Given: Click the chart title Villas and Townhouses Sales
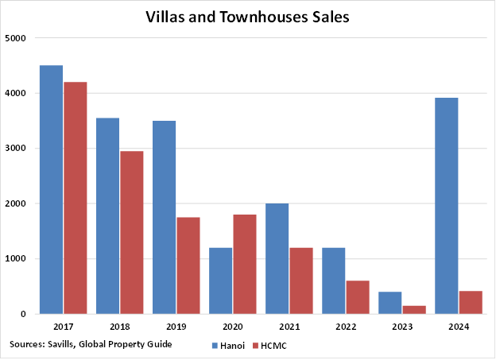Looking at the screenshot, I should click(247, 17).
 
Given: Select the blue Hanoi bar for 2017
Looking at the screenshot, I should click(51, 189).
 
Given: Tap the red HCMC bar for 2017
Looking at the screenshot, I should click(75, 198).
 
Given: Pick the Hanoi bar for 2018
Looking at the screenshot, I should click(107, 215).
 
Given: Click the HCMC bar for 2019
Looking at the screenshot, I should click(188, 265).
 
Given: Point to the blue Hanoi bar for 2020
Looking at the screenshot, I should click(220, 281).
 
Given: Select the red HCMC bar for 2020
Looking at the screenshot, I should click(244, 264).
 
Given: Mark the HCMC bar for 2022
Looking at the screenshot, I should click(357, 297).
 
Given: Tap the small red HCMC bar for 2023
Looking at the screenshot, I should click(413, 309).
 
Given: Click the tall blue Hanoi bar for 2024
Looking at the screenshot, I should click(446, 205).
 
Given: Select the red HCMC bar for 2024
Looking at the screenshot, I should click(470, 302).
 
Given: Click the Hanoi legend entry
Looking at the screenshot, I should click(230, 346).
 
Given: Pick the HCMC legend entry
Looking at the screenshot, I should click(269, 346).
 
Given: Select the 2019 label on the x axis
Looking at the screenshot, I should click(176, 327).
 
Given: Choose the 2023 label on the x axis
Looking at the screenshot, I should click(401, 327).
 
